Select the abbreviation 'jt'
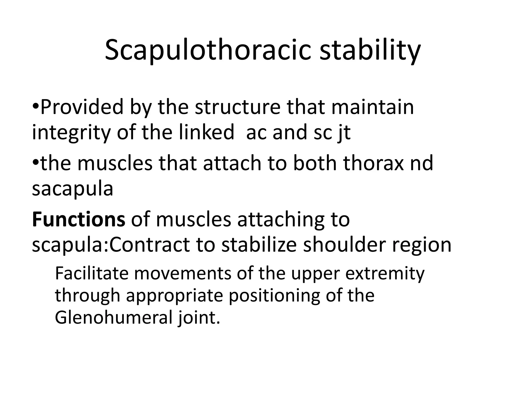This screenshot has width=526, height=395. [344, 133]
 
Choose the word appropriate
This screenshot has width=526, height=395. [174, 296]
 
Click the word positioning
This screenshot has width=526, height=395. [274, 296]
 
